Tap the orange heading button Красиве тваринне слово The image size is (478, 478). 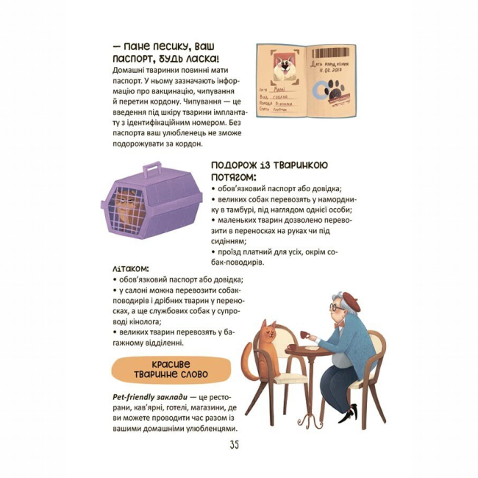pyautogui.click(x=159, y=368)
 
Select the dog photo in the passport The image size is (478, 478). pyautogui.click(x=283, y=68)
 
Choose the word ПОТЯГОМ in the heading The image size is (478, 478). pyautogui.click(x=234, y=177)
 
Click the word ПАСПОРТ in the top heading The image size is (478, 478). pyautogui.click(x=134, y=59)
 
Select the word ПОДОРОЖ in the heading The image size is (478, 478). pyautogui.click(x=240, y=165)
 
